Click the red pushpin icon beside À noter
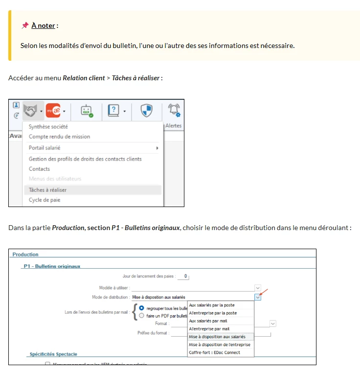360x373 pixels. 25,25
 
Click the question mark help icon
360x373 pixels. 114,111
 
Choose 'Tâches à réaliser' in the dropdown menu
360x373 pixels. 47,190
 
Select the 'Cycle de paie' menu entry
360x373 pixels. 45,200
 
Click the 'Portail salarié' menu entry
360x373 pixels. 45,148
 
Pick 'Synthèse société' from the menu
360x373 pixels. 48,127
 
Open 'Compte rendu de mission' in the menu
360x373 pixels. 59,137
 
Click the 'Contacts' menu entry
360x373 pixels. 39,169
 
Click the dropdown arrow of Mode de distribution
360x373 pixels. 258,297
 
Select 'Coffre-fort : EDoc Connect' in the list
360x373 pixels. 214,352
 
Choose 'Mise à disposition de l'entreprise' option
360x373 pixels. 220,345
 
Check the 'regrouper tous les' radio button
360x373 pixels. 142,308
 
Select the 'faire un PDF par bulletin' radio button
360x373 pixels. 142,316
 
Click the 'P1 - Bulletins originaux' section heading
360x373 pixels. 52,266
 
